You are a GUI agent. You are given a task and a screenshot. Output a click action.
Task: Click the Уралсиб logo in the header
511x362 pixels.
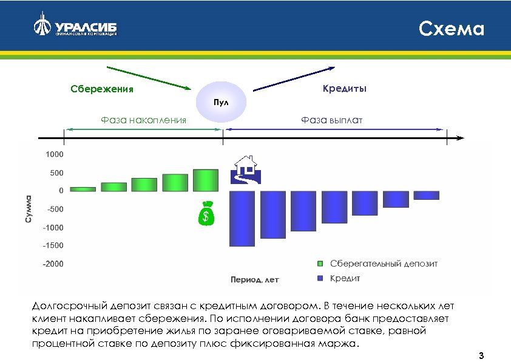(x=76, y=27)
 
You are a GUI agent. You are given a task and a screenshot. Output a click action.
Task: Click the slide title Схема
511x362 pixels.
(x=452, y=29)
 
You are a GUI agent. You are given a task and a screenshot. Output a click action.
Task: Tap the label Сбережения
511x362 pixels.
(x=101, y=90)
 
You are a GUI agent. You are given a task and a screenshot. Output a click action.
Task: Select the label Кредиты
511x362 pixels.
(x=344, y=89)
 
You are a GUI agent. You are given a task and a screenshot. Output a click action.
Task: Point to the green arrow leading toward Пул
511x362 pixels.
(x=149, y=77)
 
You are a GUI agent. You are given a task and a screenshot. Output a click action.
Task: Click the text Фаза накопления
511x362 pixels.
(x=143, y=120)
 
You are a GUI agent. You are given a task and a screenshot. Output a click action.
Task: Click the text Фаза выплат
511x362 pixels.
(x=332, y=120)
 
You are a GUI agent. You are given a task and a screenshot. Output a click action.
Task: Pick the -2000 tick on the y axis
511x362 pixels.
(x=52, y=264)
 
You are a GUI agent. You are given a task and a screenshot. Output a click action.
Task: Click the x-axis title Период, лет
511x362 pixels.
(x=254, y=280)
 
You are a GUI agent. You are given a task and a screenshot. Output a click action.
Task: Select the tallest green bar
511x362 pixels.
(x=206, y=180)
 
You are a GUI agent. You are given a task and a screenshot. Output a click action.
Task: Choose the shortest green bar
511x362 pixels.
(x=83, y=189)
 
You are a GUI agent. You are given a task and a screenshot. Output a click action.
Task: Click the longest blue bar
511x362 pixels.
(x=242, y=218)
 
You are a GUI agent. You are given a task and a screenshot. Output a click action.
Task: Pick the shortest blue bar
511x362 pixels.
(x=426, y=195)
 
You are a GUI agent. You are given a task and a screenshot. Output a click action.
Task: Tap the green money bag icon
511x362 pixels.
(x=207, y=213)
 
